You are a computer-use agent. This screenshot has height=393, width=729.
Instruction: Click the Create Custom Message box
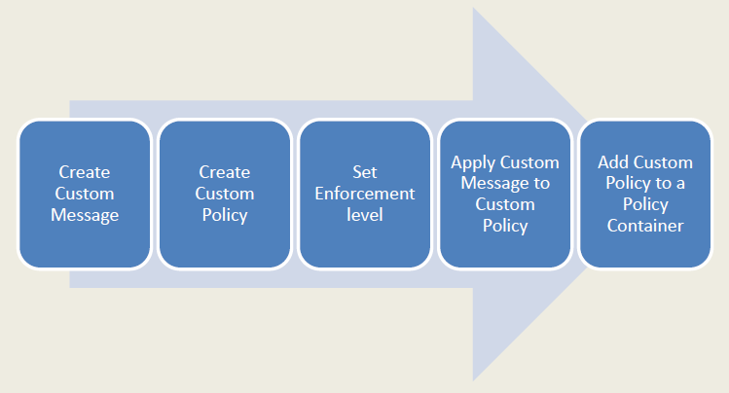85,195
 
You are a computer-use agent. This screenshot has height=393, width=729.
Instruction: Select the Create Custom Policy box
225,195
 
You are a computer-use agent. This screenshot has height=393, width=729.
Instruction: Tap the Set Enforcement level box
365,195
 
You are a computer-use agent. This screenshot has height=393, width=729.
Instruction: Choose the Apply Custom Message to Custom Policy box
505,195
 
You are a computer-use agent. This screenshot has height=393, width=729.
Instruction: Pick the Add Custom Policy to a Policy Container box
645,195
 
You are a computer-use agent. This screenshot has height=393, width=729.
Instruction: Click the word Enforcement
365,194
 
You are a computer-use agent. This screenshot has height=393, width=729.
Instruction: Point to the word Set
365,172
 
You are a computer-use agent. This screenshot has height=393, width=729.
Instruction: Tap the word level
365,215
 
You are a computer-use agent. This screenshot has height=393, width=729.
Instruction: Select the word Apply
473,163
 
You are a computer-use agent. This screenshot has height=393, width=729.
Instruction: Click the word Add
613,162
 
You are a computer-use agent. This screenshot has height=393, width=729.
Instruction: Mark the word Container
645,226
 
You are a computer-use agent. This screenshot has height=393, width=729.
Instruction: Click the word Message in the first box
85,216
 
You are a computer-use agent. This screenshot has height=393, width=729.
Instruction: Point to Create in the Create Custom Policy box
225,172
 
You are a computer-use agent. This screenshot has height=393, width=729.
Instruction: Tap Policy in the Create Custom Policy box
225,216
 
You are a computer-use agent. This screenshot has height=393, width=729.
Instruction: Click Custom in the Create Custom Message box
85,194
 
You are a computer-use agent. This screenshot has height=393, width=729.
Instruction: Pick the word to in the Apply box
541,184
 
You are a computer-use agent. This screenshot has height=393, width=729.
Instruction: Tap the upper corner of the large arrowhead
473,8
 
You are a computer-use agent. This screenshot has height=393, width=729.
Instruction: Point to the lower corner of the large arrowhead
473,381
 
